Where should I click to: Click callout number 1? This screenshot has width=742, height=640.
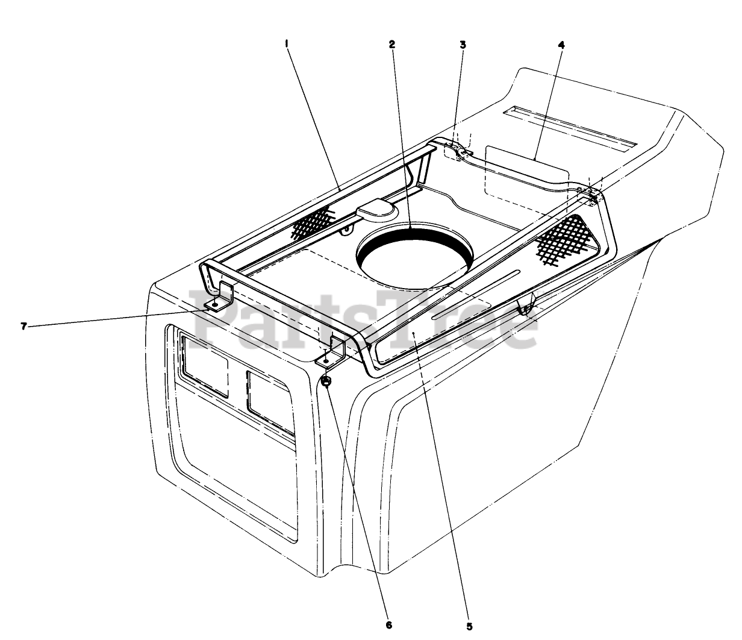[287, 43]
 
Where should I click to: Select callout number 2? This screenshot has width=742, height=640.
[391, 44]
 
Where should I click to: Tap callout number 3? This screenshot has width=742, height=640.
[463, 44]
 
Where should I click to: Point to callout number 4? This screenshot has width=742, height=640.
[562, 44]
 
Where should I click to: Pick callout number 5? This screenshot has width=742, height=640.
[469, 626]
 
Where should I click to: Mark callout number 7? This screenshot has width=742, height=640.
[23, 326]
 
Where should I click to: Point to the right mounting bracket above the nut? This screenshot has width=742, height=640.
[331, 353]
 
